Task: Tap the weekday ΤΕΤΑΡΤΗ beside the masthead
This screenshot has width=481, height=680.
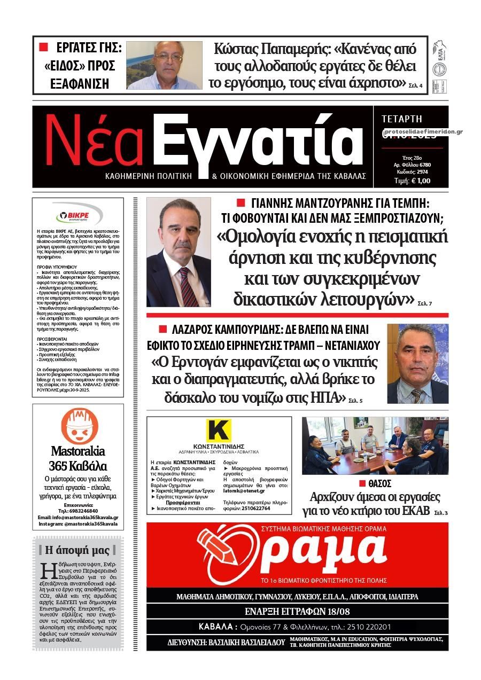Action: coord(402,119)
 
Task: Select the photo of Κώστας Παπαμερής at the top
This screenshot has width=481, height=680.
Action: coord(164,65)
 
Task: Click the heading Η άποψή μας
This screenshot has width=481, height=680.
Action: coord(77,550)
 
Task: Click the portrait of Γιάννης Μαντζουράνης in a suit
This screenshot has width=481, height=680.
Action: coord(179,252)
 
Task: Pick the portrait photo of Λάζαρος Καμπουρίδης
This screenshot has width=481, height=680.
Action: coord(417,364)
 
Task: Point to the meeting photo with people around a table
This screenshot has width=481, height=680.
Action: coord(375,446)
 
